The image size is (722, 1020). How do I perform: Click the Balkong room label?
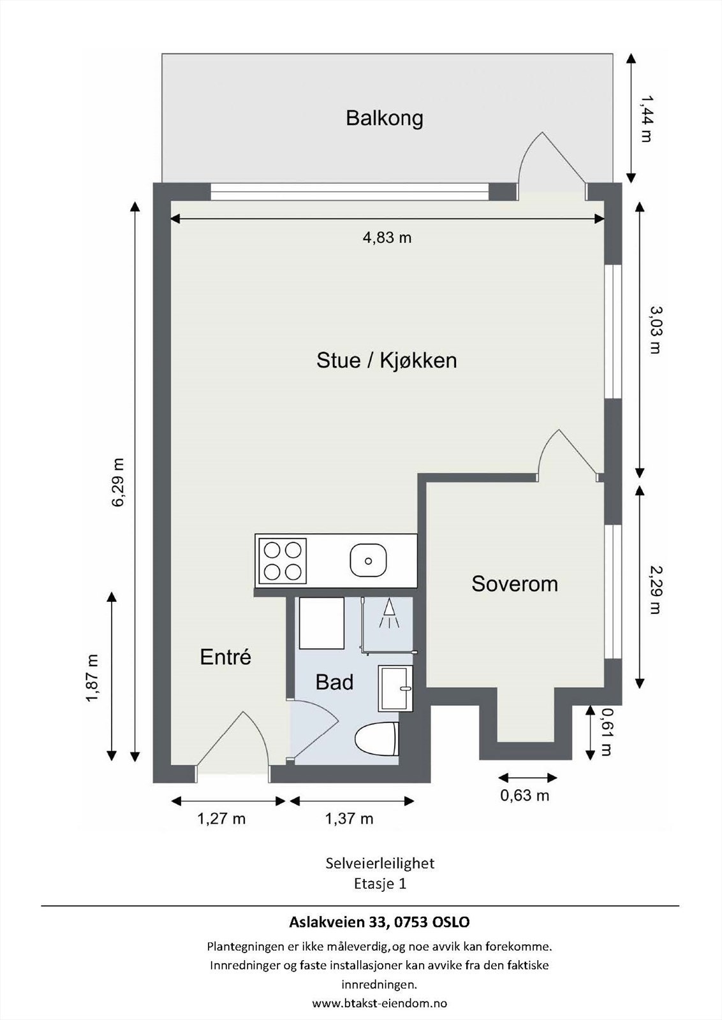(x=385, y=119)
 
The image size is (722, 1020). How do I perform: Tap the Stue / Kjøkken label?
(x=387, y=361)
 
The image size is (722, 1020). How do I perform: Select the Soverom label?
(x=515, y=584)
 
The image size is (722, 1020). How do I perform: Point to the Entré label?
(x=226, y=657)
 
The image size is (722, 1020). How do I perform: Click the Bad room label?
(x=334, y=682)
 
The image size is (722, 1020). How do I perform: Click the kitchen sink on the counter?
(x=369, y=559)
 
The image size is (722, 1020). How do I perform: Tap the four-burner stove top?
(x=283, y=561)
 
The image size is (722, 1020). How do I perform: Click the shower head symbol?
(x=389, y=614)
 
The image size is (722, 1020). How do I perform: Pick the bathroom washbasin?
(x=395, y=688)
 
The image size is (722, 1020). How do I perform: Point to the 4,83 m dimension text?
(x=387, y=238)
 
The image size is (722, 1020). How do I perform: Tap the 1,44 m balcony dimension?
(x=645, y=118)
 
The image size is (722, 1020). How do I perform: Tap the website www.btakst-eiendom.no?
(x=379, y=1003)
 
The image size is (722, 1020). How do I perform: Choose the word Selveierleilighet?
(x=380, y=863)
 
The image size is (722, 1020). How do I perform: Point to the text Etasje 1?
(x=380, y=884)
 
